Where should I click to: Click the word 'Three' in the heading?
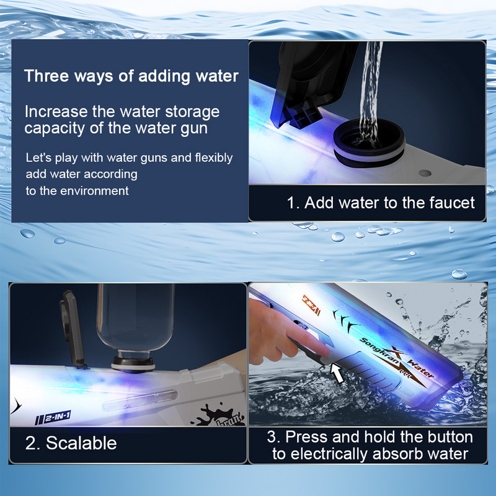pyautogui.click(x=46, y=76)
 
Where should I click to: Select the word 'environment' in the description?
pyautogui.click(x=94, y=191)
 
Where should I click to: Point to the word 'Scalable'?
pyautogui.click(x=81, y=443)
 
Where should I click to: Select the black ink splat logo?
pyautogui.click(x=218, y=415)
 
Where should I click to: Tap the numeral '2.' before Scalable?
pyautogui.click(x=33, y=443)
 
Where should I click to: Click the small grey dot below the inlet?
pyautogui.click(x=425, y=173)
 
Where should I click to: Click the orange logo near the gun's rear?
pyautogui.click(x=311, y=305)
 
